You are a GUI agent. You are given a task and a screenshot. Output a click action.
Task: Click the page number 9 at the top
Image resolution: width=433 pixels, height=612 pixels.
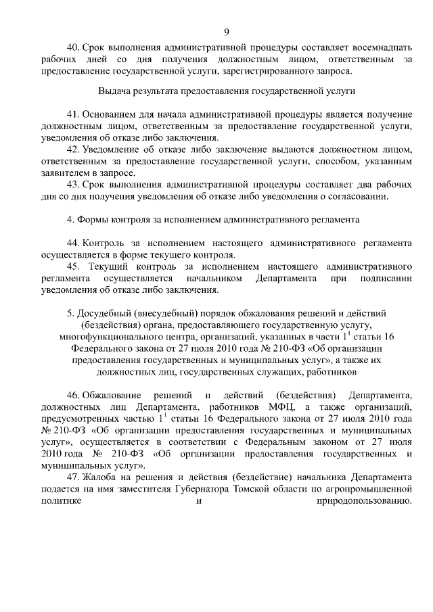tap(227, 32)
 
